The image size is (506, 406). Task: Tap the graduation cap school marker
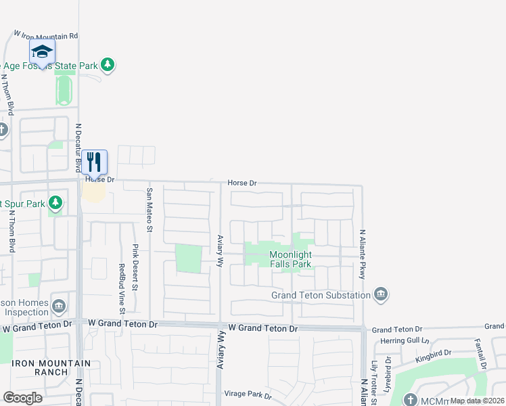tap(42, 51)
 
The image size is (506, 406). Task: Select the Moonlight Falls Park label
tap(290, 259)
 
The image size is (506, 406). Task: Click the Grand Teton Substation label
tap(321, 295)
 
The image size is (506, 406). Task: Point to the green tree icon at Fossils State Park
tap(107, 65)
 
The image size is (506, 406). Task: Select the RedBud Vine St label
tap(122, 288)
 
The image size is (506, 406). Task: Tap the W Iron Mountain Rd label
tap(47, 34)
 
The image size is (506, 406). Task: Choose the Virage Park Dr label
tap(248, 396)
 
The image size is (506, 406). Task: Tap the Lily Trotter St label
tap(373, 384)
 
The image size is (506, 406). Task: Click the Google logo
tap(22, 397)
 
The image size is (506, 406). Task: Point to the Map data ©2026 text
tap(476, 401)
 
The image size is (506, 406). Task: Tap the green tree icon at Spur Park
tap(55, 202)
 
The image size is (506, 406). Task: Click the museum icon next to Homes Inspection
tap(60, 307)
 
